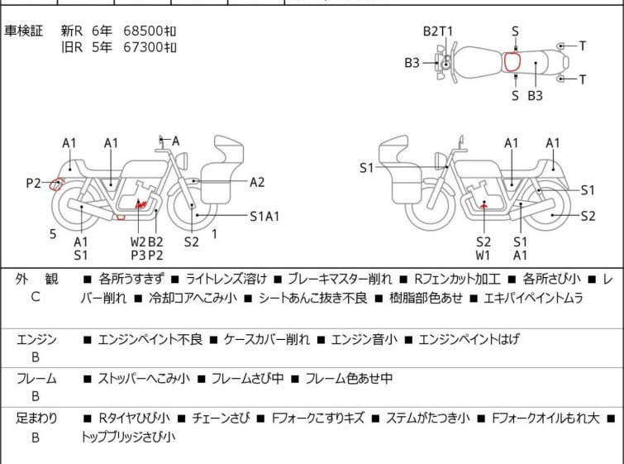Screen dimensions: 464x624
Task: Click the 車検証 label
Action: coord(24,31)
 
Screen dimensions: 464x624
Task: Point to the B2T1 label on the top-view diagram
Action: coord(438,31)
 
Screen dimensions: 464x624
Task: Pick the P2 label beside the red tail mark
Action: coord(33,183)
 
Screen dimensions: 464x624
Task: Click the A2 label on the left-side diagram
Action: coord(257,183)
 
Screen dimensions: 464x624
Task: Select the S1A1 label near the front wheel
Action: coord(265,217)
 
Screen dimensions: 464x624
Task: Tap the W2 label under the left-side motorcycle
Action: coord(138,242)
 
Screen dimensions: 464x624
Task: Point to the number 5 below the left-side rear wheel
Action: coord(53,234)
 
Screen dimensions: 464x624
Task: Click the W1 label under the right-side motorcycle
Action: coord(483,255)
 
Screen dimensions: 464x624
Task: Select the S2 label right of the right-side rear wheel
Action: coord(588,217)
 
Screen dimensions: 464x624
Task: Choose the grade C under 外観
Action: coord(35,297)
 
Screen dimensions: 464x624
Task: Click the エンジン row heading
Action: coord(36,339)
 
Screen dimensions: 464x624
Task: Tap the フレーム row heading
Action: coord(36,379)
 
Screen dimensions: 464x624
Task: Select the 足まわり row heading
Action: coord(36,419)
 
